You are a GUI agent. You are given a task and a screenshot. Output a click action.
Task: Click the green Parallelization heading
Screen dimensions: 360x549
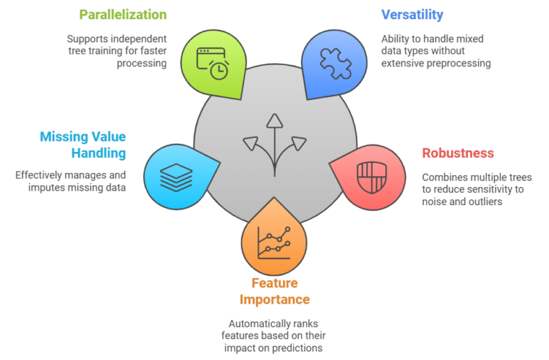(x=123, y=14)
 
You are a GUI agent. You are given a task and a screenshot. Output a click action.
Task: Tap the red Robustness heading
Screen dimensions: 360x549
(x=457, y=153)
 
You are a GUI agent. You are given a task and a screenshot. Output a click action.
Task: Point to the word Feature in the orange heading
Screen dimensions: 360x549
(x=275, y=283)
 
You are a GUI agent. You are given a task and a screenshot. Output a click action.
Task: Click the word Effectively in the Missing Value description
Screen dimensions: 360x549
(x=41, y=174)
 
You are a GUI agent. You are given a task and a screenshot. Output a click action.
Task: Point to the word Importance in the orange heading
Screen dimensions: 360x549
(x=275, y=299)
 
